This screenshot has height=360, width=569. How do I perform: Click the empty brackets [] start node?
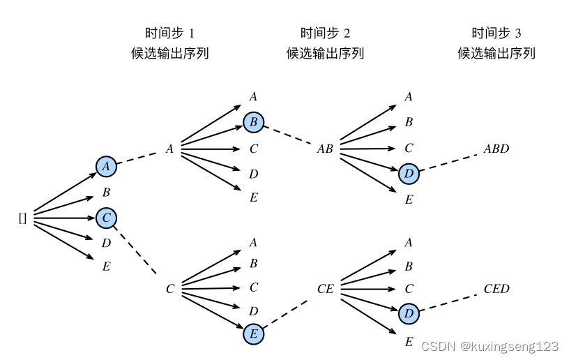coord(22,218)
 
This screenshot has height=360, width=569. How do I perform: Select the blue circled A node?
coord(106,166)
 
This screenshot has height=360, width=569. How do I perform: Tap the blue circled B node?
coord(254,123)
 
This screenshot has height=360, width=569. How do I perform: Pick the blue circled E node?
coord(254,334)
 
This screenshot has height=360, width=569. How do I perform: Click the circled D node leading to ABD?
coord(409,173)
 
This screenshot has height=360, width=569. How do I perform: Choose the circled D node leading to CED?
coord(409,314)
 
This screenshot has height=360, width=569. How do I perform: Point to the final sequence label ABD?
coord(496,149)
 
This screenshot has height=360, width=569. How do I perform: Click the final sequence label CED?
coord(496,289)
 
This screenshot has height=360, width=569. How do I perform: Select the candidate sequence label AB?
coord(325,149)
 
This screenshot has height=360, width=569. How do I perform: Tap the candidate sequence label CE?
coord(325,289)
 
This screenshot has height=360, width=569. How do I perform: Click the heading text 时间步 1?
coord(169,33)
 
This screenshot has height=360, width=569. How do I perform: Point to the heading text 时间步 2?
coord(325,33)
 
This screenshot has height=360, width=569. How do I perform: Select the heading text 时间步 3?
coord(496,33)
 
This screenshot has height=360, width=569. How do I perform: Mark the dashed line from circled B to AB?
coord(289,135)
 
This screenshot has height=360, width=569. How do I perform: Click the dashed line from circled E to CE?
coord(287,313)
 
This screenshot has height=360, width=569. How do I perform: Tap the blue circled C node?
coord(106,218)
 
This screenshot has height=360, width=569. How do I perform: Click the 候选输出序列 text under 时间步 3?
coord(496,54)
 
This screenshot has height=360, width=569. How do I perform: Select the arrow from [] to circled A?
coord(64,193)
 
